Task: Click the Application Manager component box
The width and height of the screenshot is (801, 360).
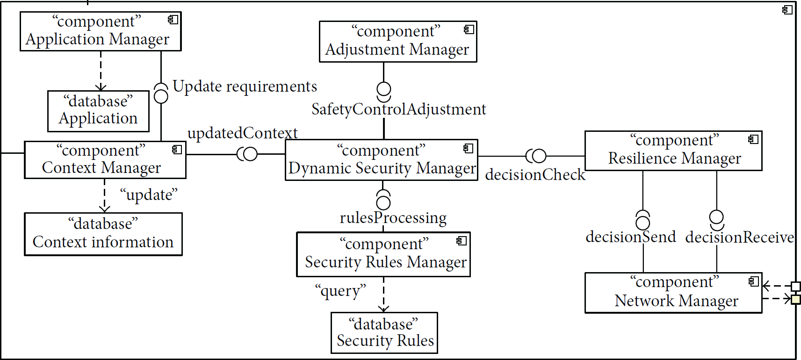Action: (101, 31)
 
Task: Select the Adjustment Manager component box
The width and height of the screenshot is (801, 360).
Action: (398, 42)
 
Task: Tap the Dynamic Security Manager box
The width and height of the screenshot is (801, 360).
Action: (382, 160)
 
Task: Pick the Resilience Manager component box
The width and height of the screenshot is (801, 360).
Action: (673, 151)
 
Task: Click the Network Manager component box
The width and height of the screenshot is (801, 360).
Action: (673, 293)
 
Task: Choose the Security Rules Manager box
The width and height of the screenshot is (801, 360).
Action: (383, 254)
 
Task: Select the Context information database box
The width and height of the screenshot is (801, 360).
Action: (103, 234)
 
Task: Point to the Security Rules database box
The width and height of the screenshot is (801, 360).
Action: (384, 333)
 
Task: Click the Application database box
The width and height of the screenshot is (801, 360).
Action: (98, 111)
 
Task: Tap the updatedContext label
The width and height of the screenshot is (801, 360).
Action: (242, 133)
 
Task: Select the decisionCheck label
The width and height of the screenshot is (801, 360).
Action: (535, 175)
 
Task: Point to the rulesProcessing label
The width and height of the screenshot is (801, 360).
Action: (393, 218)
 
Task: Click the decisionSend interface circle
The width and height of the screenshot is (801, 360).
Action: (642, 223)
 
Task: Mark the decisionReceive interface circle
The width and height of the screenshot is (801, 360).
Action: (716, 216)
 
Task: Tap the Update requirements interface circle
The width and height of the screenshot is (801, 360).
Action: (161, 96)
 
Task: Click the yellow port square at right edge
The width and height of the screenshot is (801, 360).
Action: (796, 299)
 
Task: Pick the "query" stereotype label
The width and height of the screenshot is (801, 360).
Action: (340, 291)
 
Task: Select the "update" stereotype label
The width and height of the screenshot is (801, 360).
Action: (149, 195)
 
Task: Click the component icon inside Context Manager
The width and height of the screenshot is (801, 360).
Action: (177, 150)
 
